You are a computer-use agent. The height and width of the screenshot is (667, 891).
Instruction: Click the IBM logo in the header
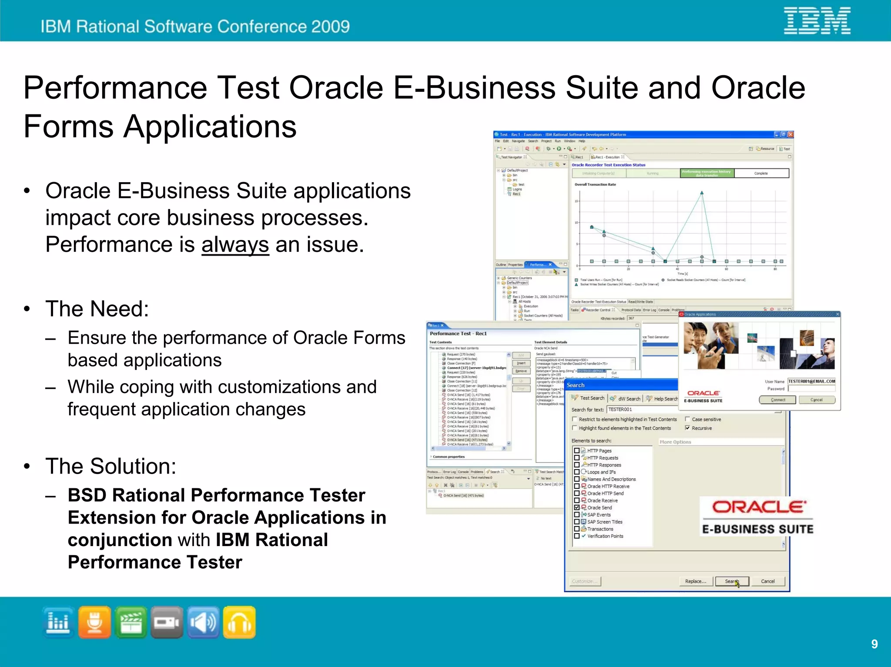point(817,20)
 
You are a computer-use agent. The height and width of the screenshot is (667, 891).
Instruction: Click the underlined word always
point(235,245)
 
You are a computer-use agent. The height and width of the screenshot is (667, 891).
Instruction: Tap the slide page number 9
point(874,644)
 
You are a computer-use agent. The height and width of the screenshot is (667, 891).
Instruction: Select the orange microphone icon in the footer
point(95,622)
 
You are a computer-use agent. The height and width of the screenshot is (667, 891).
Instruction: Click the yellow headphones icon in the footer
point(239,622)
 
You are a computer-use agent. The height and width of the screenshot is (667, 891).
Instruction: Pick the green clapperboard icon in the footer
point(131,622)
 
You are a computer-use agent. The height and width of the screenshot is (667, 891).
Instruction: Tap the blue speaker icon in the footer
point(203,622)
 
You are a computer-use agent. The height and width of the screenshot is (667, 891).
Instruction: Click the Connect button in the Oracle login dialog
point(777,400)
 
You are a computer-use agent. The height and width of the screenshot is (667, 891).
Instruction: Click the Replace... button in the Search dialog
point(696,581)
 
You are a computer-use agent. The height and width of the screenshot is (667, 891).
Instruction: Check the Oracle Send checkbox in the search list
point(577,507)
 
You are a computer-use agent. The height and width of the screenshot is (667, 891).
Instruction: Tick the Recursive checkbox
point(687,428)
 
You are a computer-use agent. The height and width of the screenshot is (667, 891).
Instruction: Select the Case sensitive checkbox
point(687,419)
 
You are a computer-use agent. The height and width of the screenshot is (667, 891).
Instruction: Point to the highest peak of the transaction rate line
point(702,193)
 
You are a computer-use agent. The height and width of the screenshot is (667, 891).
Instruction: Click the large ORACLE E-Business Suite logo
point(757,517)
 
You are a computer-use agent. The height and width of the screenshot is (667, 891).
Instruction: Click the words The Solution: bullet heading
point(111,466)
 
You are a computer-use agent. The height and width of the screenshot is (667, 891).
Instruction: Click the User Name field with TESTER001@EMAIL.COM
point(811,381)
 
